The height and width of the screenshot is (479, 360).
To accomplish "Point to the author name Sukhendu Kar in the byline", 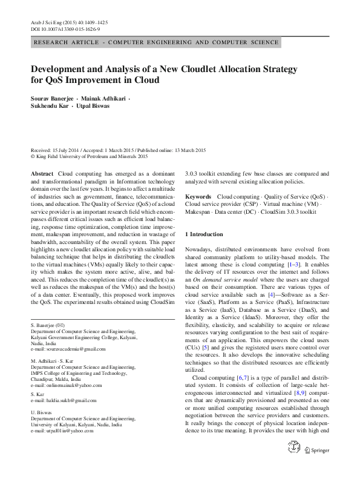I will tap(51, 105).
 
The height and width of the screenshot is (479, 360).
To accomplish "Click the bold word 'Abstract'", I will tap(42, 174).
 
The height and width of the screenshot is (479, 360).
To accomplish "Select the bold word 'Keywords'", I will tap(198, 197).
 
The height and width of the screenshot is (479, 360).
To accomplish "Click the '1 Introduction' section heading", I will tap(204, 234).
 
